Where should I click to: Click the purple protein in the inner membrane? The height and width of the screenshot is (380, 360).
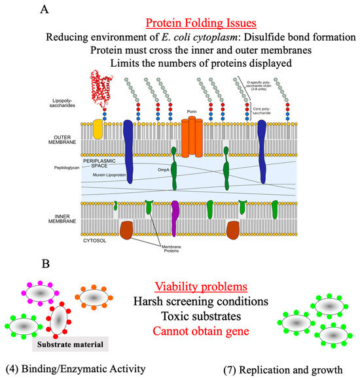click(175, 215)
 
